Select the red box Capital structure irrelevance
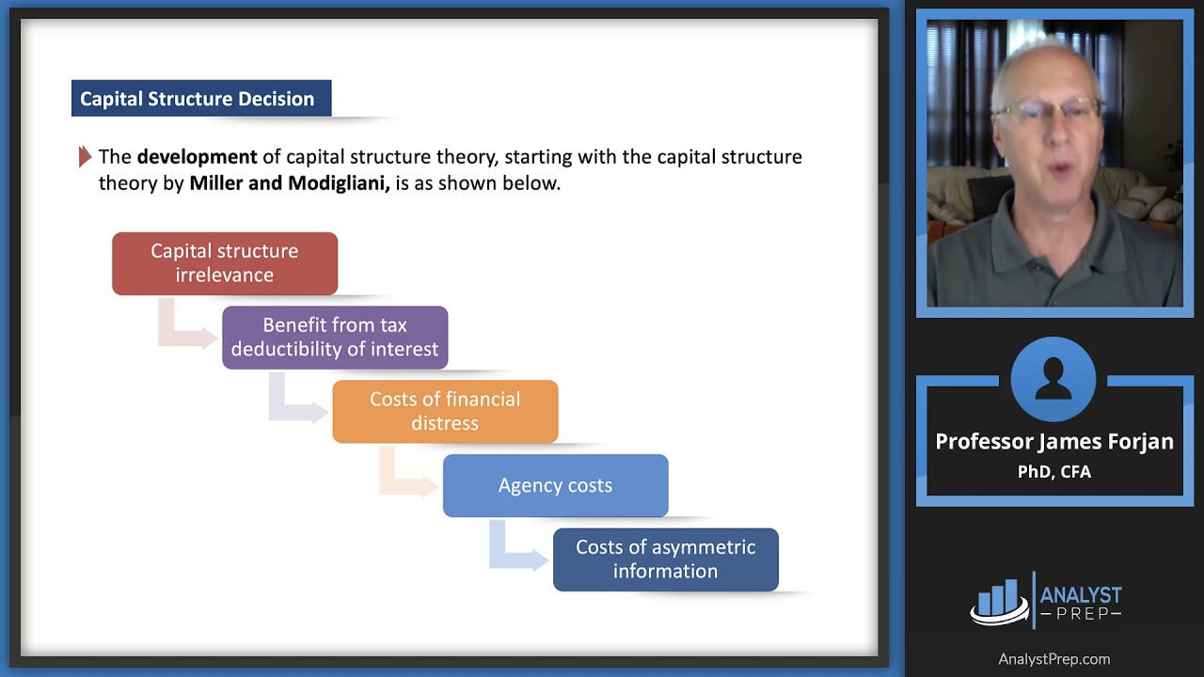click(225, 263)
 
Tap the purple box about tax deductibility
click(335, 338)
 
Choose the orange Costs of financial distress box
click(445, 411)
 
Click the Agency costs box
click(555, 485)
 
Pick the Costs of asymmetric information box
click(665, 559)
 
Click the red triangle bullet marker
click(85, 157)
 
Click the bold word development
click(197, 157)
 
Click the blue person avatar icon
click(1053, 380)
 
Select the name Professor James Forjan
click(1053, 442)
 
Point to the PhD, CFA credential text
click(1053, 472)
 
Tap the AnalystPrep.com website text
click(1053, 659)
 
